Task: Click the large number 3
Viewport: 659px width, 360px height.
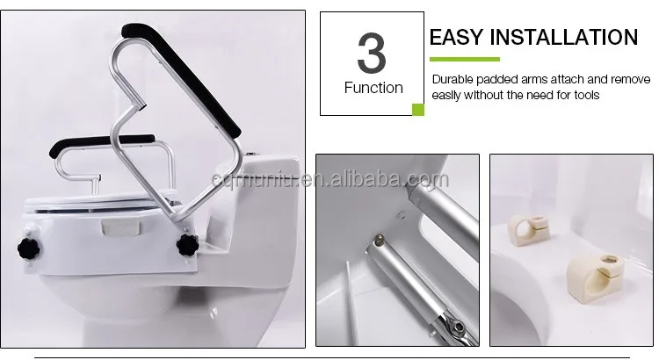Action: click(371, 54)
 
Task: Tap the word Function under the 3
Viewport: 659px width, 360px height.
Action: click(373, 88)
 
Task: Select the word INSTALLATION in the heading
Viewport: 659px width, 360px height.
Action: click(565, 37)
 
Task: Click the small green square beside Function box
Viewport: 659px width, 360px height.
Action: click(418, 110)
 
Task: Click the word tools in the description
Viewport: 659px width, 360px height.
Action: click(584, 95)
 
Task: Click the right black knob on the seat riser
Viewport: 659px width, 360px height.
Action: click(187, 244)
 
